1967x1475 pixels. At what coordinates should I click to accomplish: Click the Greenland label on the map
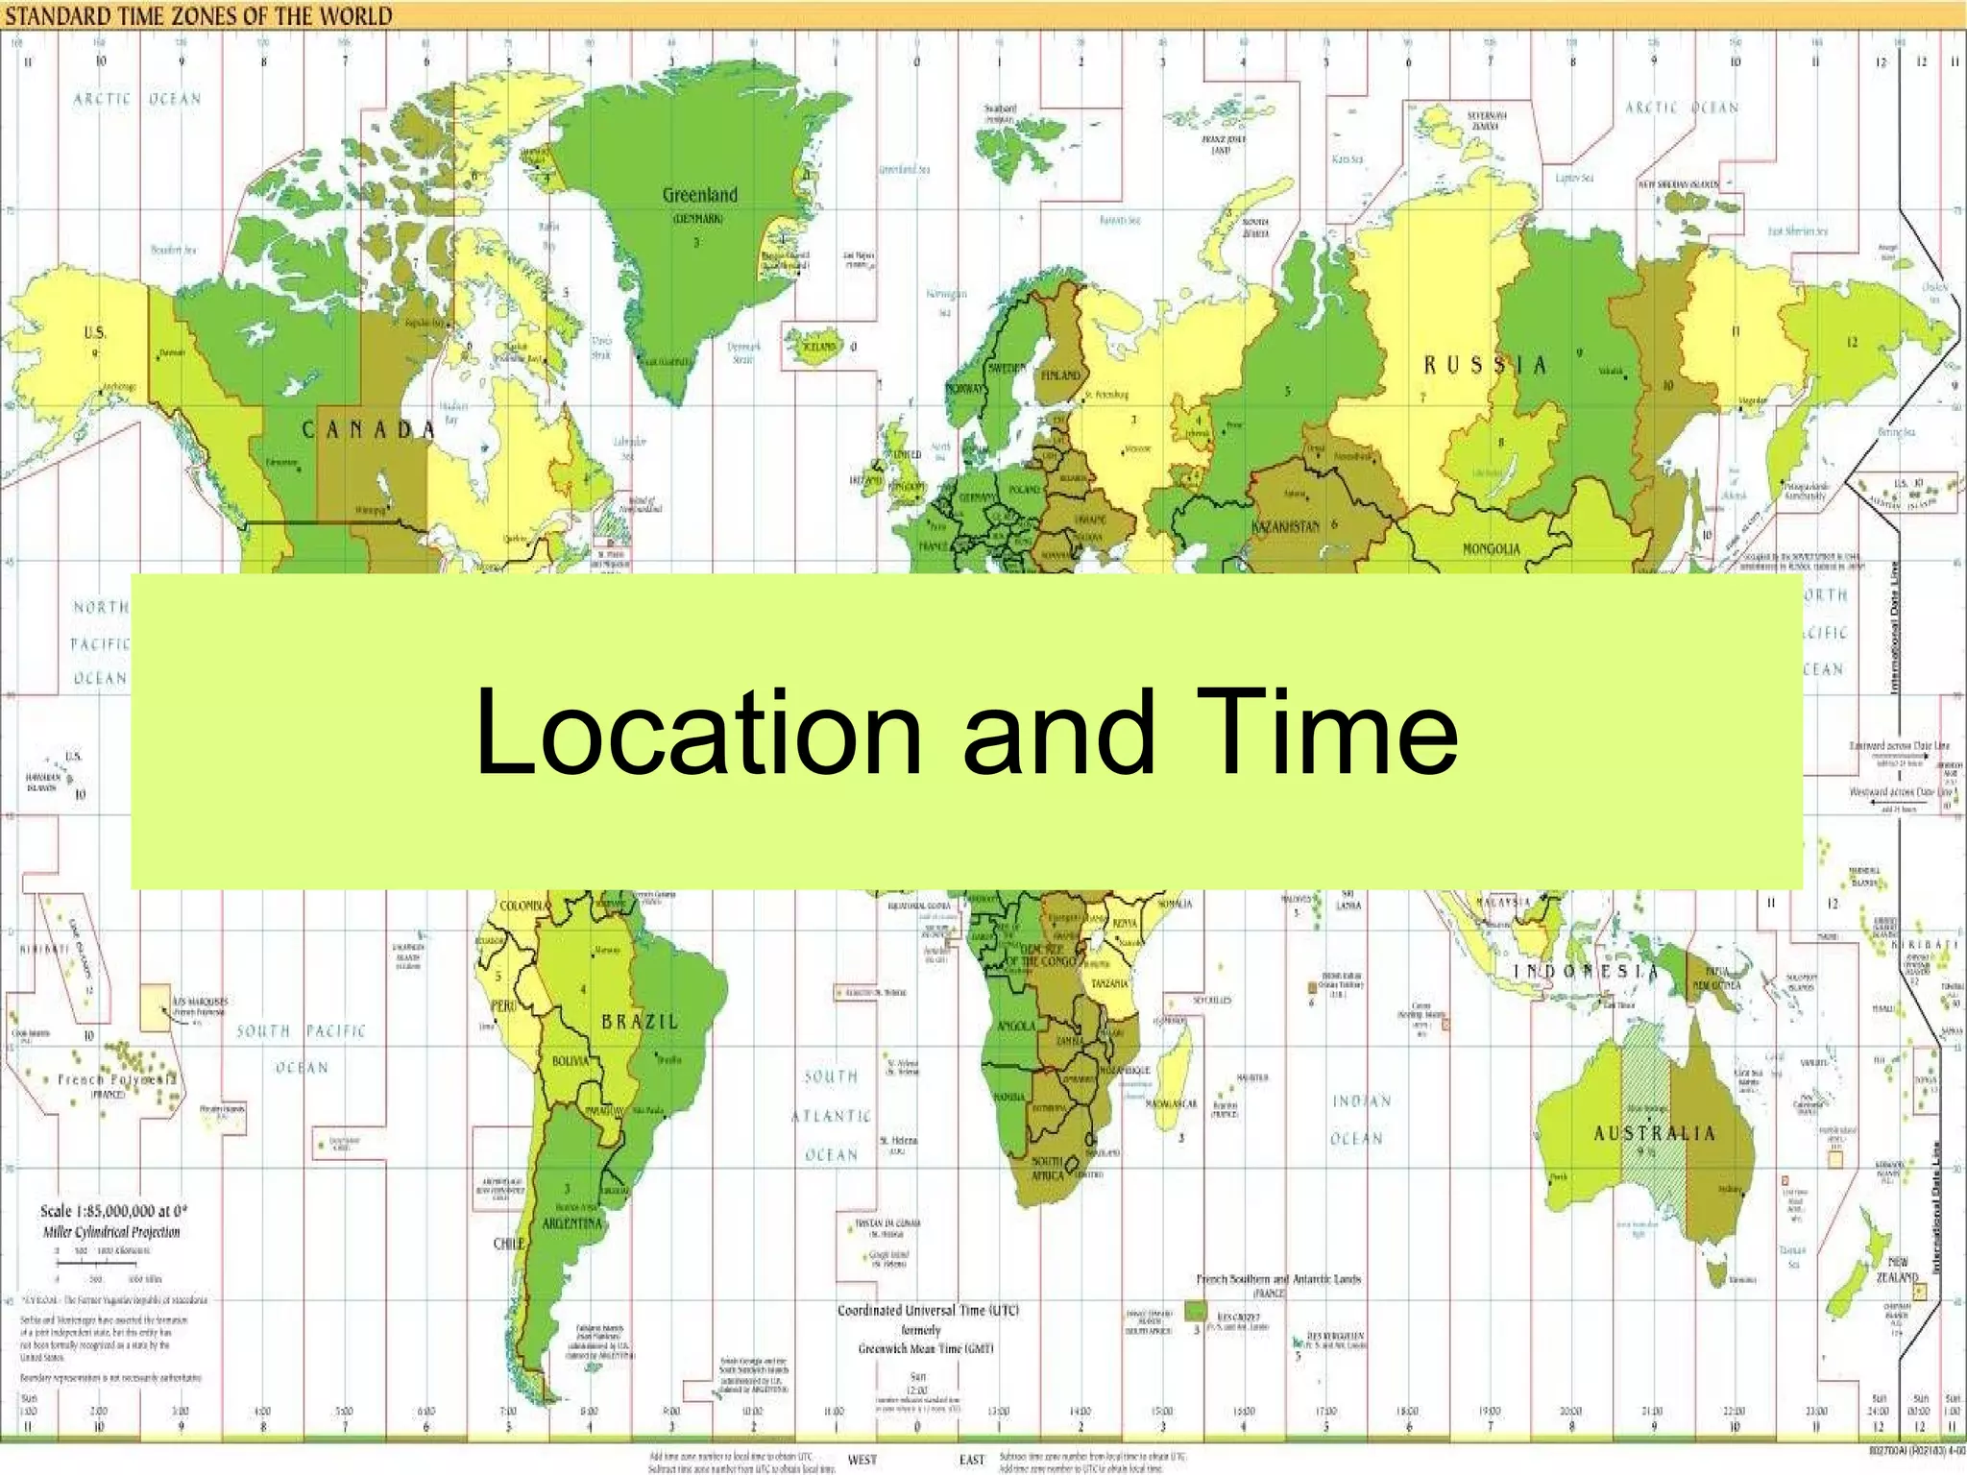pos(700,195)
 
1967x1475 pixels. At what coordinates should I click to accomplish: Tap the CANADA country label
pos(369,429)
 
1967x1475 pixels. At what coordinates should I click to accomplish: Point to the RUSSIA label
pos(1485,365)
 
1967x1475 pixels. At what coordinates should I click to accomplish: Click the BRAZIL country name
pos(640,1022)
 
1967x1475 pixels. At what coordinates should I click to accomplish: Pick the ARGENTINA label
pos(572,1223)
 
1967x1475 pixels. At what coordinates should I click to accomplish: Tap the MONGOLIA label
pos(1491,548)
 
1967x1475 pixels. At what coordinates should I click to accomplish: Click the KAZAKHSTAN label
pos(1287,527)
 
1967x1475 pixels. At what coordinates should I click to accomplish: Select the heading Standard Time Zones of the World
pos(200,16)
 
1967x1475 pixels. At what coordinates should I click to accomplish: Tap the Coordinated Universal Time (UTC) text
pos(928,1310)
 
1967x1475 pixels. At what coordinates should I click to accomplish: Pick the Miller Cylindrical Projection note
pos(111,1232)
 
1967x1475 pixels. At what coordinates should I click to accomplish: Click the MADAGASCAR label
pos(1172,1103)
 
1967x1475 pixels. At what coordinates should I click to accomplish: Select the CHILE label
pos(509,1243)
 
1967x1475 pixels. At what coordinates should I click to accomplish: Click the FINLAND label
pos(1060,375)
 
